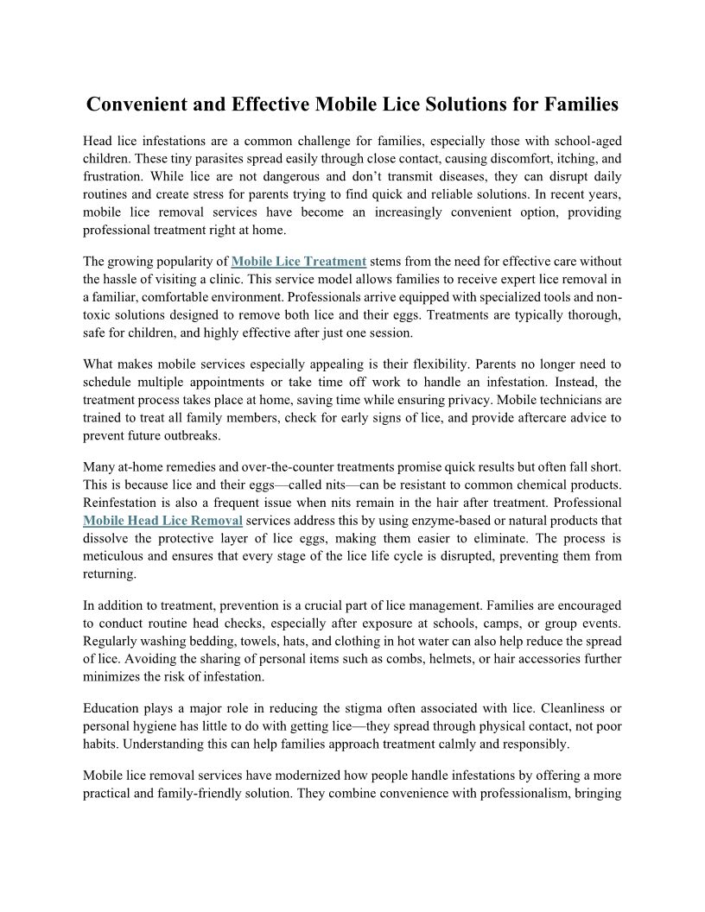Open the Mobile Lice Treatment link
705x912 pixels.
299,261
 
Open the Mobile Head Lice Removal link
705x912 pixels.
162,520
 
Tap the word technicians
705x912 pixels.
571,400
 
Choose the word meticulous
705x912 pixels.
115,555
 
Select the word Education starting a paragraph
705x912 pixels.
114,707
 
